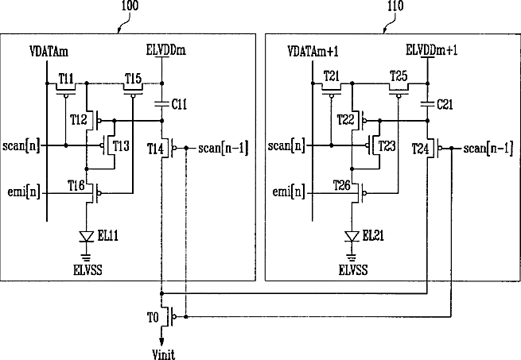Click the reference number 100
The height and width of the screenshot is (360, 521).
click(x=130, y=6)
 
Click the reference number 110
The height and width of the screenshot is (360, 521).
click(x=395, y=6)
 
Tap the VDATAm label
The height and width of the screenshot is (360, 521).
click(x=49, y=52)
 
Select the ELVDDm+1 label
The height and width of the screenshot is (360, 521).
click(x=432, y=50)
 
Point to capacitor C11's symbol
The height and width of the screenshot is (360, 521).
click(x=162, y=104)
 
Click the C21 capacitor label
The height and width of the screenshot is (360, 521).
click(x=445, y=105)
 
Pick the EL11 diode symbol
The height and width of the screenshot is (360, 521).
click(x=87, y=237)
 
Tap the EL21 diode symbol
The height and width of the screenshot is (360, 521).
click(x=352, y=237)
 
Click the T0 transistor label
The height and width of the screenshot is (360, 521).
click(x=153, y=318)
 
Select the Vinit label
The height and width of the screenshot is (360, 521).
click(x=164, y=354)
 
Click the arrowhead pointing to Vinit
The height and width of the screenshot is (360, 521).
click(x=161, y=342)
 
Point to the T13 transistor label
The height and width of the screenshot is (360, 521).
click(x=121, y=145)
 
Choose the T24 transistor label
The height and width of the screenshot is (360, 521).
click(x=421, y=149)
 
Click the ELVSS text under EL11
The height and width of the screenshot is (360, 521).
click(x=87, y=270)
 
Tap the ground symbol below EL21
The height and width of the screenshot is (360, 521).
click(x=352, y=257)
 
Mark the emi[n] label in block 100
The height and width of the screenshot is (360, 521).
click(x=24, y=192)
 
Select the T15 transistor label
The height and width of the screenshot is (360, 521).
click(x=134, y=79)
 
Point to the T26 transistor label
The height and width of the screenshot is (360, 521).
click(x=342, y=185)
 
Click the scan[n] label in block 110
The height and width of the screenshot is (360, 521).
click(x=286, y=145)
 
